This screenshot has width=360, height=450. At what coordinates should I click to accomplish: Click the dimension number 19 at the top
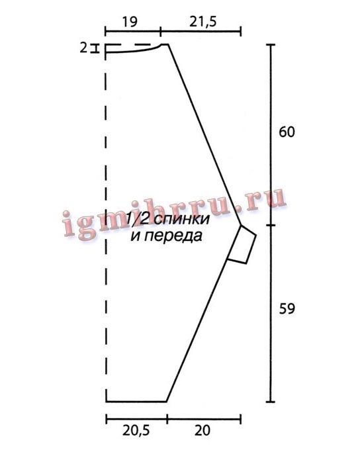(x=130, y=22)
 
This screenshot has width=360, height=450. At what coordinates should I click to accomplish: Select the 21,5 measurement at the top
(x=202, y=22)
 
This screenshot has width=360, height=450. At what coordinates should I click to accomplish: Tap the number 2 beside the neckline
(x=83, y=48)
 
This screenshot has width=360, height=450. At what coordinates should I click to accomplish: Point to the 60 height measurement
(x=287, y=132)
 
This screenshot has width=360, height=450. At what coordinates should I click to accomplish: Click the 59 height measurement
(x=287, y=309)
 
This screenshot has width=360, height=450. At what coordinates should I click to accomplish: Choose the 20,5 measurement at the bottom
(x=136, y=431)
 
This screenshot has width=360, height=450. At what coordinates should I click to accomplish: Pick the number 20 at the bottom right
(x=202, y=431)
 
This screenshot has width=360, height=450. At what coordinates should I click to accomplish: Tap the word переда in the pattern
(x=167, y=236)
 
